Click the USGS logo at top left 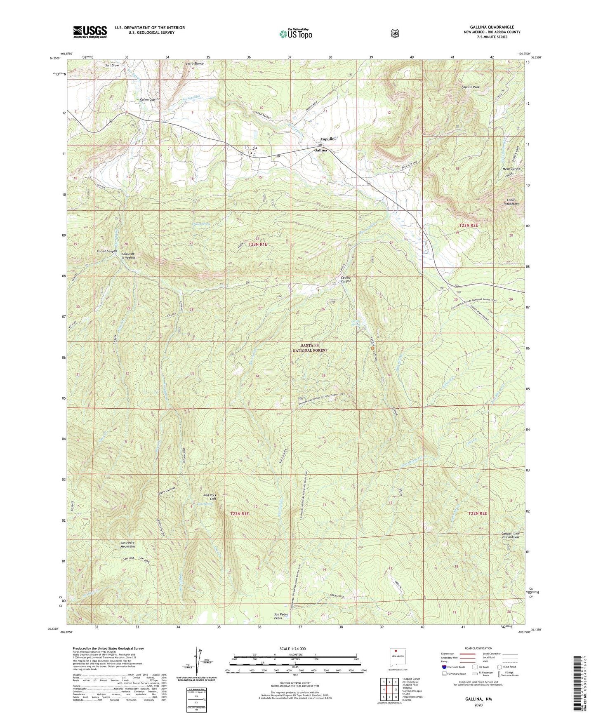click(90, 32)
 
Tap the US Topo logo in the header click(295, 34)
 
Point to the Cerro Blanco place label click(194, 64)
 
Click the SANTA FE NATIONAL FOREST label click(310, 348)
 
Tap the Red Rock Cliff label click(210, 496)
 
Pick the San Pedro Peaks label click(281, 616)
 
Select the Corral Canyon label click(107, 251)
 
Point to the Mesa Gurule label click(512, 169)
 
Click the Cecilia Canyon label click(343, 279)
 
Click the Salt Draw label click(112, 65)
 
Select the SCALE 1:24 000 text click(292, 649)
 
